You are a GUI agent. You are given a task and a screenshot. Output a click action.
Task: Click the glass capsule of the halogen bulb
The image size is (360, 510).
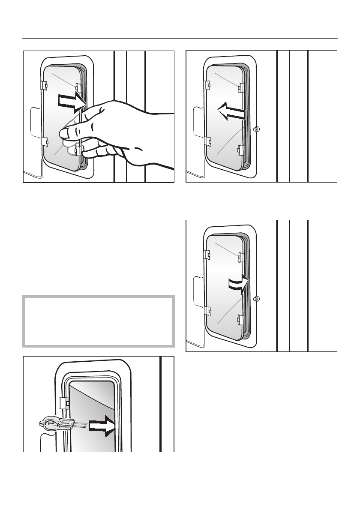(x=51, y=424)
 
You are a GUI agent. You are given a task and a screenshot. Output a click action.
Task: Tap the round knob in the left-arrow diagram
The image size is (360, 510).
(x=257, y=129)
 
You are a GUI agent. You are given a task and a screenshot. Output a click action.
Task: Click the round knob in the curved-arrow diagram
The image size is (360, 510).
(x=257, y=299)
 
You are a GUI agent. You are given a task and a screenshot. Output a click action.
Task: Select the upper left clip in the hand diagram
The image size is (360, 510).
(x=44, y=85)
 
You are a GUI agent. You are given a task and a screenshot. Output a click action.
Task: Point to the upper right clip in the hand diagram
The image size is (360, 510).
(x=78, y=87)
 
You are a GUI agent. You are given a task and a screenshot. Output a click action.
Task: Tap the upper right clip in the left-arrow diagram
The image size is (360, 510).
(x=241, y=87)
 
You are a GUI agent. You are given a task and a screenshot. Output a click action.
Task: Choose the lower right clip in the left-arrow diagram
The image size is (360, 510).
(x=241, y=150)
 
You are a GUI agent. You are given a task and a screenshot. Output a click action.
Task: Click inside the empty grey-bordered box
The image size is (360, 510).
(x=99, y=321)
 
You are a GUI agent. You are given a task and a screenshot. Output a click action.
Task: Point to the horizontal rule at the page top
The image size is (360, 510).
(x=180, y=38)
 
